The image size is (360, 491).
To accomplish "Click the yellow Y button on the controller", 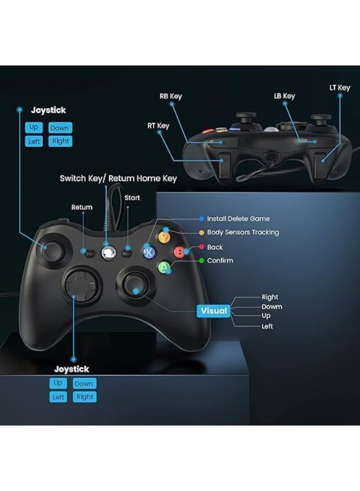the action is click(164, 237).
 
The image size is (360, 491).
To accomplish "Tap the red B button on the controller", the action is click(179, 252).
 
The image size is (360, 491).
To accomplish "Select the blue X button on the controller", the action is click(149, 252).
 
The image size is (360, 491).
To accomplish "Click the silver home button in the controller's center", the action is click(109, 253).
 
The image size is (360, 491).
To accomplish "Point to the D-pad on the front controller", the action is click(82, 285).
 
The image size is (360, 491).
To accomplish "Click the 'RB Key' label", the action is click(171, 96).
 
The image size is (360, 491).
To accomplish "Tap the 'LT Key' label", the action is click(340, 88).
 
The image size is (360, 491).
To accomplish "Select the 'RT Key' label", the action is click(158, 125).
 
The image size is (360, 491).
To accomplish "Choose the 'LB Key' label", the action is click(285, 96).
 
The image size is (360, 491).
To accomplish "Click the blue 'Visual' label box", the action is click(214, 310).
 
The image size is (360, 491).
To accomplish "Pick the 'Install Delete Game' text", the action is click(238, 219).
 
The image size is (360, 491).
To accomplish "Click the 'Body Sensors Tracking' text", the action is click(243, 232).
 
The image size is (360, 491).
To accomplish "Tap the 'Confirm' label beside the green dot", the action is click(220, 261).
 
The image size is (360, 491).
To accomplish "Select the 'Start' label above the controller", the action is click(132, 197).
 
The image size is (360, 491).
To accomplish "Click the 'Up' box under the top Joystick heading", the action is click(34, 128).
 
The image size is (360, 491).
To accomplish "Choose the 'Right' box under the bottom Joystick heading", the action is click(85, 397).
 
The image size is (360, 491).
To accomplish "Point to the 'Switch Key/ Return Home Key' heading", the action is click(118, 178).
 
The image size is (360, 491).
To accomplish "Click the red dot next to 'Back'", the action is click(202, 247).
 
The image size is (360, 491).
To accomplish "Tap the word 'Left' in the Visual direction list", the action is click(267, 326).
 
